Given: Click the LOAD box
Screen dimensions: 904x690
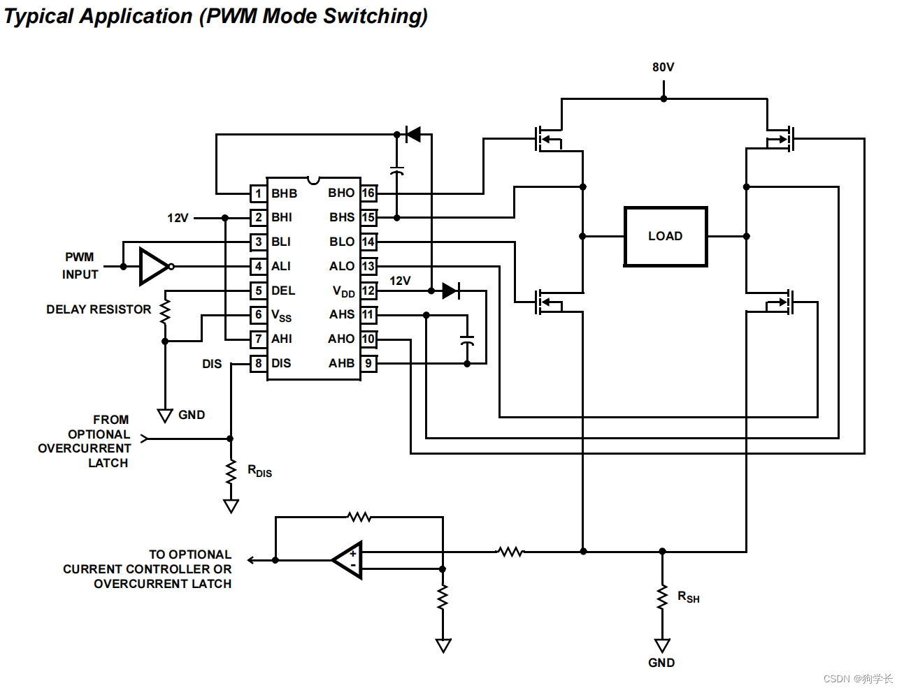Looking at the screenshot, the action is (666, 237).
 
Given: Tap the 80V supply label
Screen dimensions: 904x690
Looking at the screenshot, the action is (663, 67).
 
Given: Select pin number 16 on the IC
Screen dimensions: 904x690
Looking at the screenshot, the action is (368, 193).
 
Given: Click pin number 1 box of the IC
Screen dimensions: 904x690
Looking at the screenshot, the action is (258, 193).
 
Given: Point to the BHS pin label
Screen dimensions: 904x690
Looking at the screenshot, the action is (342, 217).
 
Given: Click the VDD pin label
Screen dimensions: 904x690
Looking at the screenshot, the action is (344, 291).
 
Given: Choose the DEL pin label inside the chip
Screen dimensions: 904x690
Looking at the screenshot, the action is (283, 291).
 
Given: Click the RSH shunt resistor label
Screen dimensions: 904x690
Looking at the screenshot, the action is (689, 597).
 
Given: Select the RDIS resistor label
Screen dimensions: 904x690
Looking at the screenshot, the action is (259, 471).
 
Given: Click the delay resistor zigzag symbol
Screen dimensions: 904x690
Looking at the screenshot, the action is (165, 311).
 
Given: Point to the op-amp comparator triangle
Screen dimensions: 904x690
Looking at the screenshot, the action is (347, 560).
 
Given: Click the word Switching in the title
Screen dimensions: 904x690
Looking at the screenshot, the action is (375, 17).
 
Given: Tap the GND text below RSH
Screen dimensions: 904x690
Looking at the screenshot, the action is (661, 663).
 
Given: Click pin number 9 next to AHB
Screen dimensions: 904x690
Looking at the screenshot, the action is (368, 363).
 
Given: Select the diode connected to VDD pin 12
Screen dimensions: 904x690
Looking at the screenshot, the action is (451, 291).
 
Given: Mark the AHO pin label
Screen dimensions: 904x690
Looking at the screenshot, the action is (341, 339).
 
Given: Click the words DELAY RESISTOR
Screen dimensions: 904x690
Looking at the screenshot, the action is (99, 309).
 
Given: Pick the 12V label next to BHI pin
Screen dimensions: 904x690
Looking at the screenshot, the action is (178, 218).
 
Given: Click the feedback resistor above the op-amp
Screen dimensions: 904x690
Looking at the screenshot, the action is (359, 517).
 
